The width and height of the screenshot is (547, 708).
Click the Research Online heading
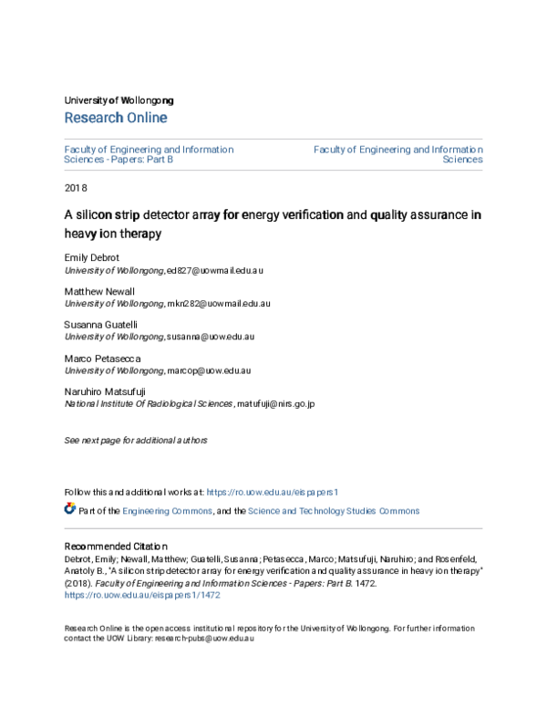click(116, 118)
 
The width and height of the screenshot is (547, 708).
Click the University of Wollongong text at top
click(119, 99)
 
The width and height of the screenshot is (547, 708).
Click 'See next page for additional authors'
click(136, 441)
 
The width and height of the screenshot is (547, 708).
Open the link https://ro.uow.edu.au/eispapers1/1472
click(142, 594)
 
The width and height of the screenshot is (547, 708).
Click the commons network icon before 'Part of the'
click(70, 509)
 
